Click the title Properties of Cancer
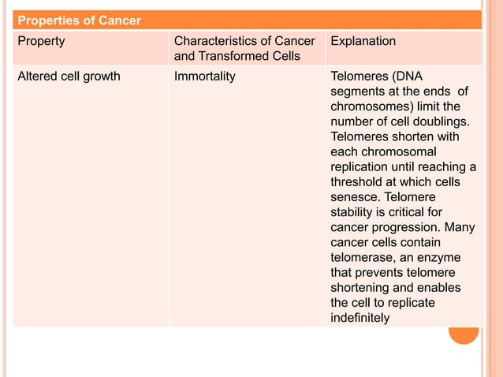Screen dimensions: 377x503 click(79, 20)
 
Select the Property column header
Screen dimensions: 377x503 click(41, 41)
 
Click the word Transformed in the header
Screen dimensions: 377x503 click(229, 56)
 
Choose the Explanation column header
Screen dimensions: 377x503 click(363, 41)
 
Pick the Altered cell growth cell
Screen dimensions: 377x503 click(69, 77)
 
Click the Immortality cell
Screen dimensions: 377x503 click(204, 77)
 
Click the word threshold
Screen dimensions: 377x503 click(358, 182)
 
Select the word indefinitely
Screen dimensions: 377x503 click(360, 318)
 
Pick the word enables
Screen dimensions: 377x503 click(440, 287)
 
